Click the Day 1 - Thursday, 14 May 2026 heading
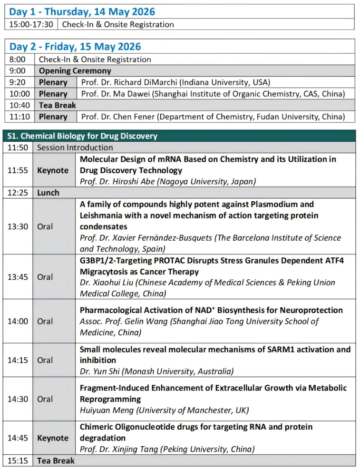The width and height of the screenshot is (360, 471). pos(82,12)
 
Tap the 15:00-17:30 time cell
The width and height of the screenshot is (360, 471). pos(31,24)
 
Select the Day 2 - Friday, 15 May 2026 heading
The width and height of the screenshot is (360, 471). pos(75,47)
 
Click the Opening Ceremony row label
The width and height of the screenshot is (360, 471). pos(75,71)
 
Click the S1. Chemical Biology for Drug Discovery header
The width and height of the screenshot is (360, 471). pos(82,136)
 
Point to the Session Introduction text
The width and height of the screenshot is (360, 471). pos(75,147)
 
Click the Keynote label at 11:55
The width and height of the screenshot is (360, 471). pos(53,170)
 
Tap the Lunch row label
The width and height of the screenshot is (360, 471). pos(48,193)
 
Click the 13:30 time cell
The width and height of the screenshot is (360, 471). pos(18,226)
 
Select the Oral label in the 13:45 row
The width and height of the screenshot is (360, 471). pos(45,277)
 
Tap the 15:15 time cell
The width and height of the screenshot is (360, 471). pos(18,461)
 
